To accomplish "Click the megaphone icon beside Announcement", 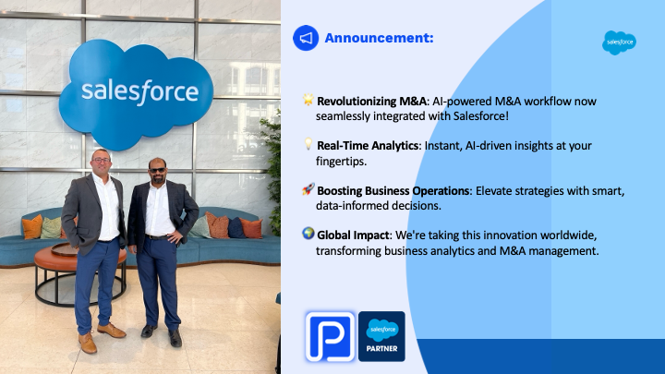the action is point(306,38).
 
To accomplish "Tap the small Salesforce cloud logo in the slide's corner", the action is point(619,42).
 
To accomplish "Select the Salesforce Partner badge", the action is point(381,336).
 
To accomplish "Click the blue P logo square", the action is point(330,336).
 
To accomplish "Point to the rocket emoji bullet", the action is point(308,189).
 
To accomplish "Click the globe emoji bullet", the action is point(308,234).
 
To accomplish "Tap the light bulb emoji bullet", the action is point(308,144).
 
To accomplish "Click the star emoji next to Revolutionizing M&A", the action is point(308,100).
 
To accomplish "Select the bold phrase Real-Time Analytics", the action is point(368,146).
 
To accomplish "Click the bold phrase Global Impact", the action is point(353,235).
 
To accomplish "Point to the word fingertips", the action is point(341,162).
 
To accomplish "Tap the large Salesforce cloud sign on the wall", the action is point(136,93).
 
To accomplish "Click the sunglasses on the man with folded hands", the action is point(158,170).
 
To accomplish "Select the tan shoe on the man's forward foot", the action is point(88,343).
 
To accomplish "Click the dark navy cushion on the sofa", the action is point(236,228).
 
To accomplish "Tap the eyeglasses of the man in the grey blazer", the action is point(101,161).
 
